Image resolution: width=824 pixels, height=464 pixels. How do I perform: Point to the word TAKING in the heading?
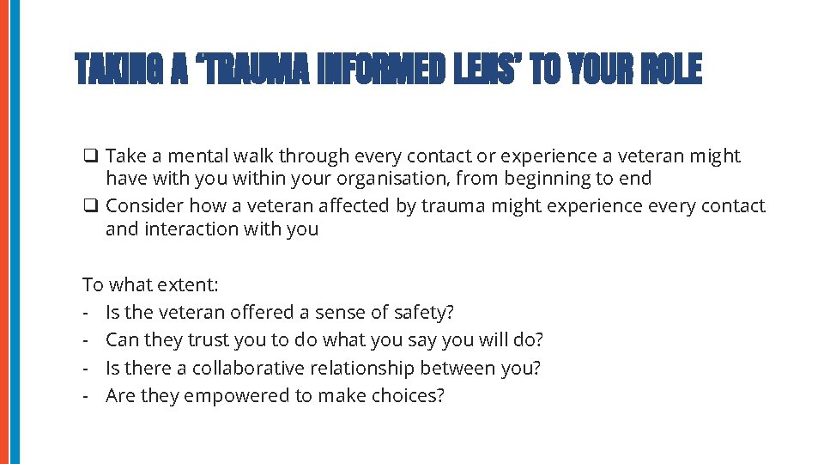click(120, 70)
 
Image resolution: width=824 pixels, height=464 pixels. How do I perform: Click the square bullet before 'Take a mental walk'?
click(89, 156)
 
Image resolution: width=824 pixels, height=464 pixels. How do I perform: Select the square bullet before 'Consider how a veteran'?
click(89, 206)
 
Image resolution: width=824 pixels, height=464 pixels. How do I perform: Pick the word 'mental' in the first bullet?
click(195, 156)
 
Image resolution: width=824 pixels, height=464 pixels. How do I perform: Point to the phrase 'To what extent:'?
click(150, 284)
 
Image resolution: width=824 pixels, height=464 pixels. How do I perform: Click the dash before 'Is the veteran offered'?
click(87, 313)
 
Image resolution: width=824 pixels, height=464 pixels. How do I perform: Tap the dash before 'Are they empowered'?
click(87, 397)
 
